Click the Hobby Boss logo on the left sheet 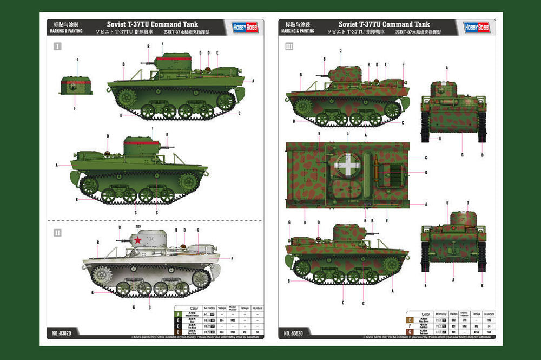point(244,27)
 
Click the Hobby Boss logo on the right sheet point(476,27)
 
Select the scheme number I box point(57,47)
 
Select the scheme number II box point(57,232)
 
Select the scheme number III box point(289,47)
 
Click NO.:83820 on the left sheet point(63,333)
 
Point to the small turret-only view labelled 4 point(76,85)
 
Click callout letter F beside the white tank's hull point(232,259)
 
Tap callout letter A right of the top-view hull point(426,204)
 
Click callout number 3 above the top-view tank point(347,133)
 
